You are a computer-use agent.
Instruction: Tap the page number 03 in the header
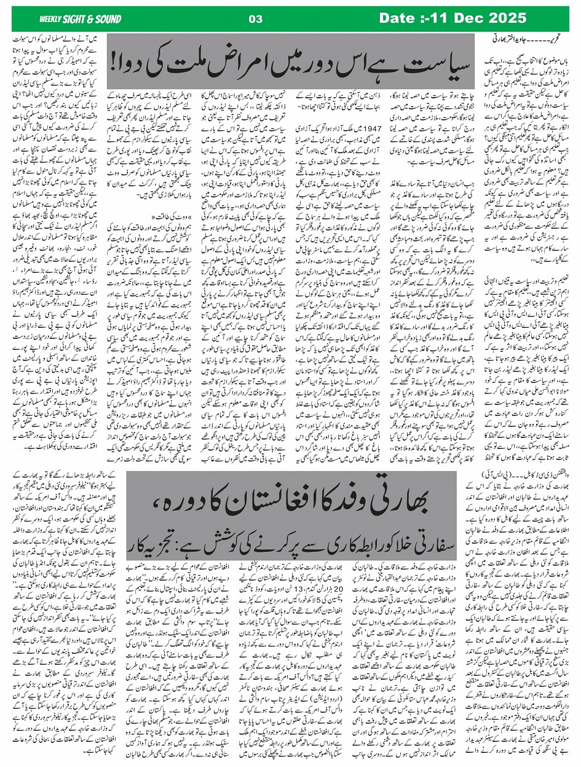click(x=256, y=19)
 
